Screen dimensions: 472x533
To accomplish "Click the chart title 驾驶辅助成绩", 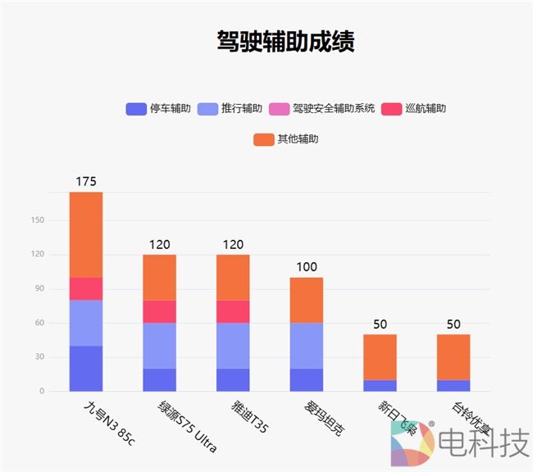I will tap(285, 42).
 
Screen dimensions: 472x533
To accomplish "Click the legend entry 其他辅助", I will tap(286, 139).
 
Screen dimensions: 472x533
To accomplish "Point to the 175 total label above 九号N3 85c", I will tap(86, 181).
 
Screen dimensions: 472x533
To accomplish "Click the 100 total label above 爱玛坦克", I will tap(307, 267).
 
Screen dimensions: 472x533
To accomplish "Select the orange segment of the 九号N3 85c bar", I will tap(86, 234).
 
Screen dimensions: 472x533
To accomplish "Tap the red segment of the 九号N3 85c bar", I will tap(86, 288).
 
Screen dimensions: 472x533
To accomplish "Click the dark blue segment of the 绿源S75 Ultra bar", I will tap(160, 379).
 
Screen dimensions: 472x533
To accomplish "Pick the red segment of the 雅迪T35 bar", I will tap(233, 311).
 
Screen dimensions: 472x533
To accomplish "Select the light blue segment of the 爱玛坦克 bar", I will tap(307, 345).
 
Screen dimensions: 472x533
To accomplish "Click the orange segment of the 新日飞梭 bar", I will tap(380, 356).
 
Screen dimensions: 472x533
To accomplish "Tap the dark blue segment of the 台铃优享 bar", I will tap(453, 385).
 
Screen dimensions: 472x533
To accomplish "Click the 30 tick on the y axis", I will tap(39, 356).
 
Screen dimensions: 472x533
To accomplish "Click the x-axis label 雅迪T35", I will tap(248, 415).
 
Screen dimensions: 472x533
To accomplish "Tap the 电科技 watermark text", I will tap(484, 445).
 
